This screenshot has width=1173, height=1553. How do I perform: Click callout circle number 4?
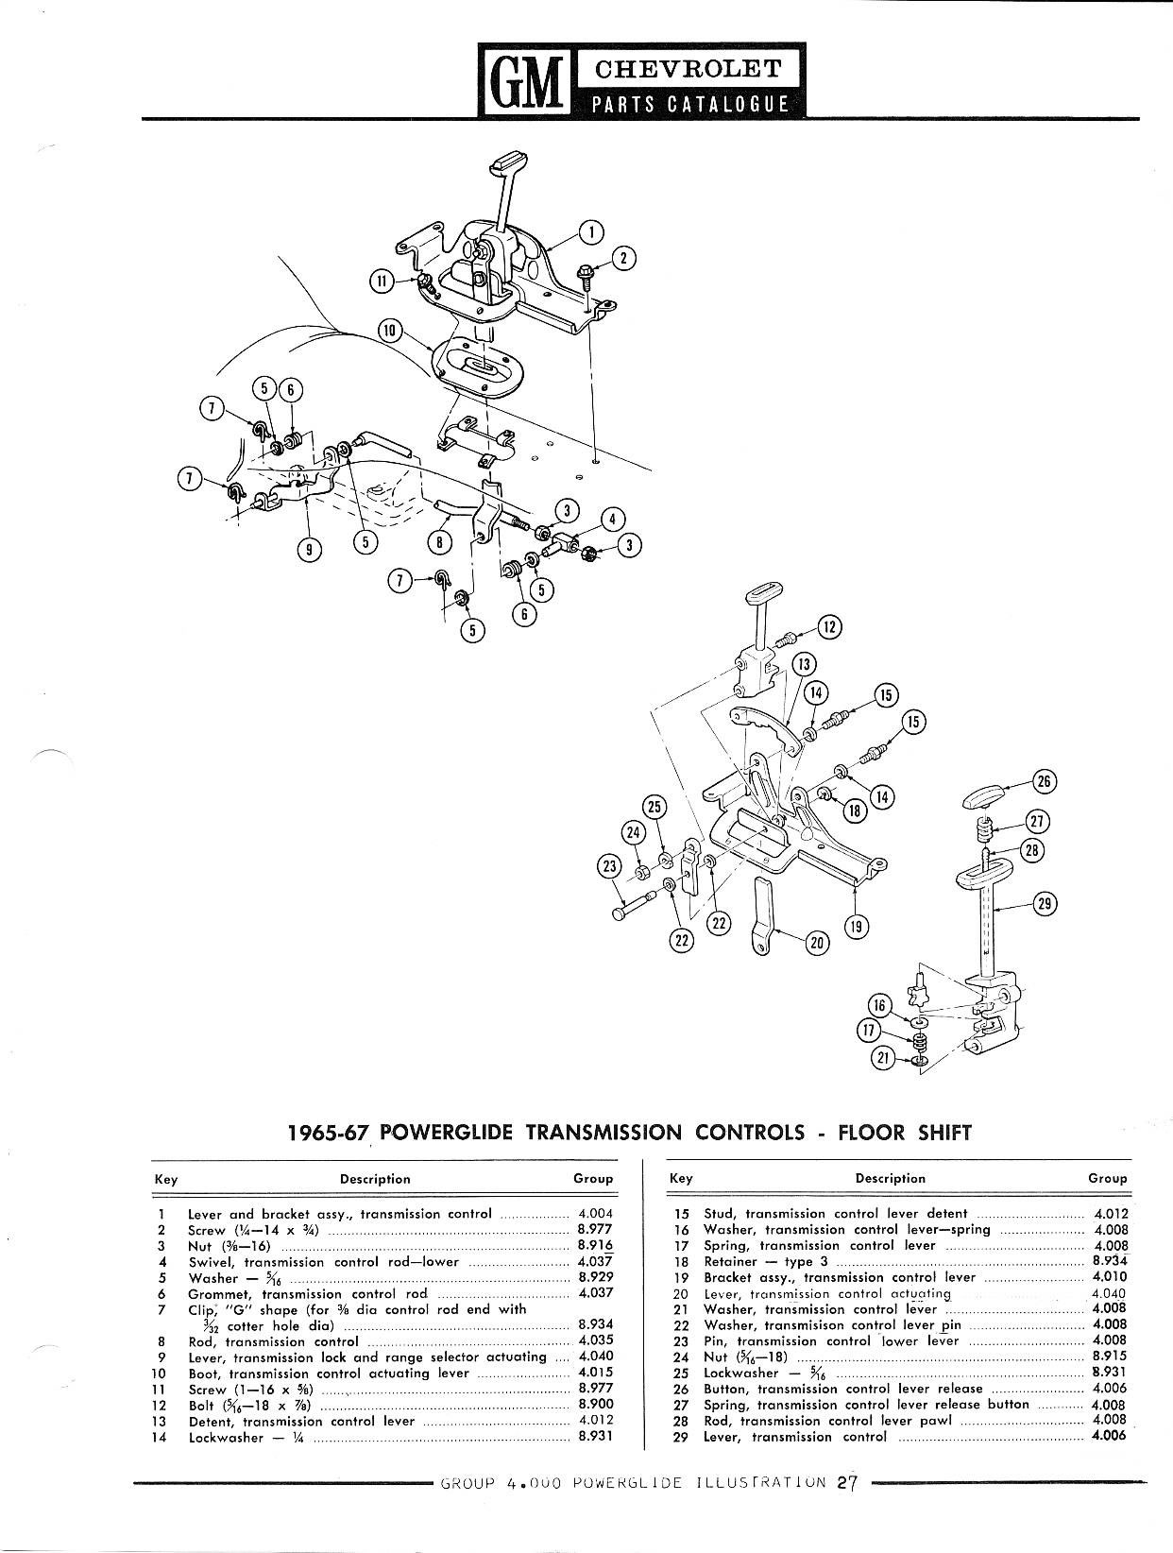[x=612, y=519]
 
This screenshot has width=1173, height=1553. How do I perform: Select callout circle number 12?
[x=829, y=626]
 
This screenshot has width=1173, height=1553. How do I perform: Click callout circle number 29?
[x=1044, y=904]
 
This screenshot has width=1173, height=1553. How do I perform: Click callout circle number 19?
[x=856, y=927]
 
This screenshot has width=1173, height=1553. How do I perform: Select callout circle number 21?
[x=883, y=1059]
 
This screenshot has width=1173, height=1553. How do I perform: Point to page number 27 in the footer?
[x=845, y=1483]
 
